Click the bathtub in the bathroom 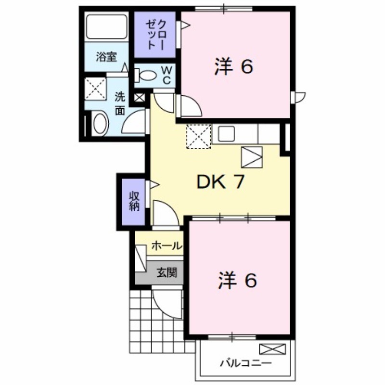point(107,26)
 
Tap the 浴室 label point(106,57)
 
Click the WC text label point(167,75)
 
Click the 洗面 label point(120,104)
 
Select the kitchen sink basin point(226,134)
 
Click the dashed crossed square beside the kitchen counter point(199,136)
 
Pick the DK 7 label point(220,182)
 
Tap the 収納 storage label point(134,201)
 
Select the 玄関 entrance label point(167,272)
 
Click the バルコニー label point(245,363)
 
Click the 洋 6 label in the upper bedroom point(233,67)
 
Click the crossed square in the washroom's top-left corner point(95,89)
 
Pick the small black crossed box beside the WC point(140,98)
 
